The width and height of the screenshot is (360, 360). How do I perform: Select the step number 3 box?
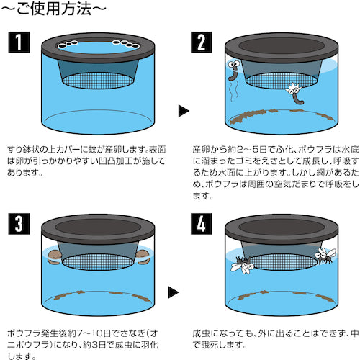coord(19,223)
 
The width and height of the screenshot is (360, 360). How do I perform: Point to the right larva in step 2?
coord(294,92)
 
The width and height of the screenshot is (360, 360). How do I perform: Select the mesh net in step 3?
coord(97,256)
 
